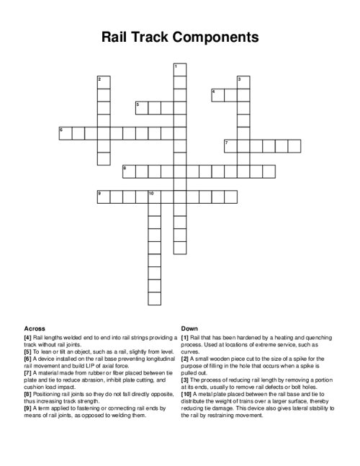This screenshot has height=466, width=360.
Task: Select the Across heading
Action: point(35,327)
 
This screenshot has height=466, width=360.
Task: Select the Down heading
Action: point(189,327)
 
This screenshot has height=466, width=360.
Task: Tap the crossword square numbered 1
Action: point(179,69)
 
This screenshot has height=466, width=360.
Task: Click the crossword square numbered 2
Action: point(103,81)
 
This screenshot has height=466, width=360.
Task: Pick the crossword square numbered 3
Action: point(243,81)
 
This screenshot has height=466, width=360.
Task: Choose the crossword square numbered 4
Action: point(217,94)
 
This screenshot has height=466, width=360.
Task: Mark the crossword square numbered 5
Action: point(141,107)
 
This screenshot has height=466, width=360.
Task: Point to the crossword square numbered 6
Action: point(65,133)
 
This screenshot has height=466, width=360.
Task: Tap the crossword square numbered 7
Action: point(230,145)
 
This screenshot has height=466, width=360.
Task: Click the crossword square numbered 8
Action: point(128,171)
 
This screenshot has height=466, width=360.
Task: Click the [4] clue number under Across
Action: point(27,337)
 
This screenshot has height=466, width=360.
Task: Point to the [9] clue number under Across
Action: point(27,407)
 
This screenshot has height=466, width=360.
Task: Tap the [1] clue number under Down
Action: point(184,337)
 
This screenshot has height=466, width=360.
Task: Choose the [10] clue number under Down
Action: point(186,393)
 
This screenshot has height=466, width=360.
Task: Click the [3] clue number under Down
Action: point(184,379)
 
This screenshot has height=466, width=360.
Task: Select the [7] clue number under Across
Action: point(27,372)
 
